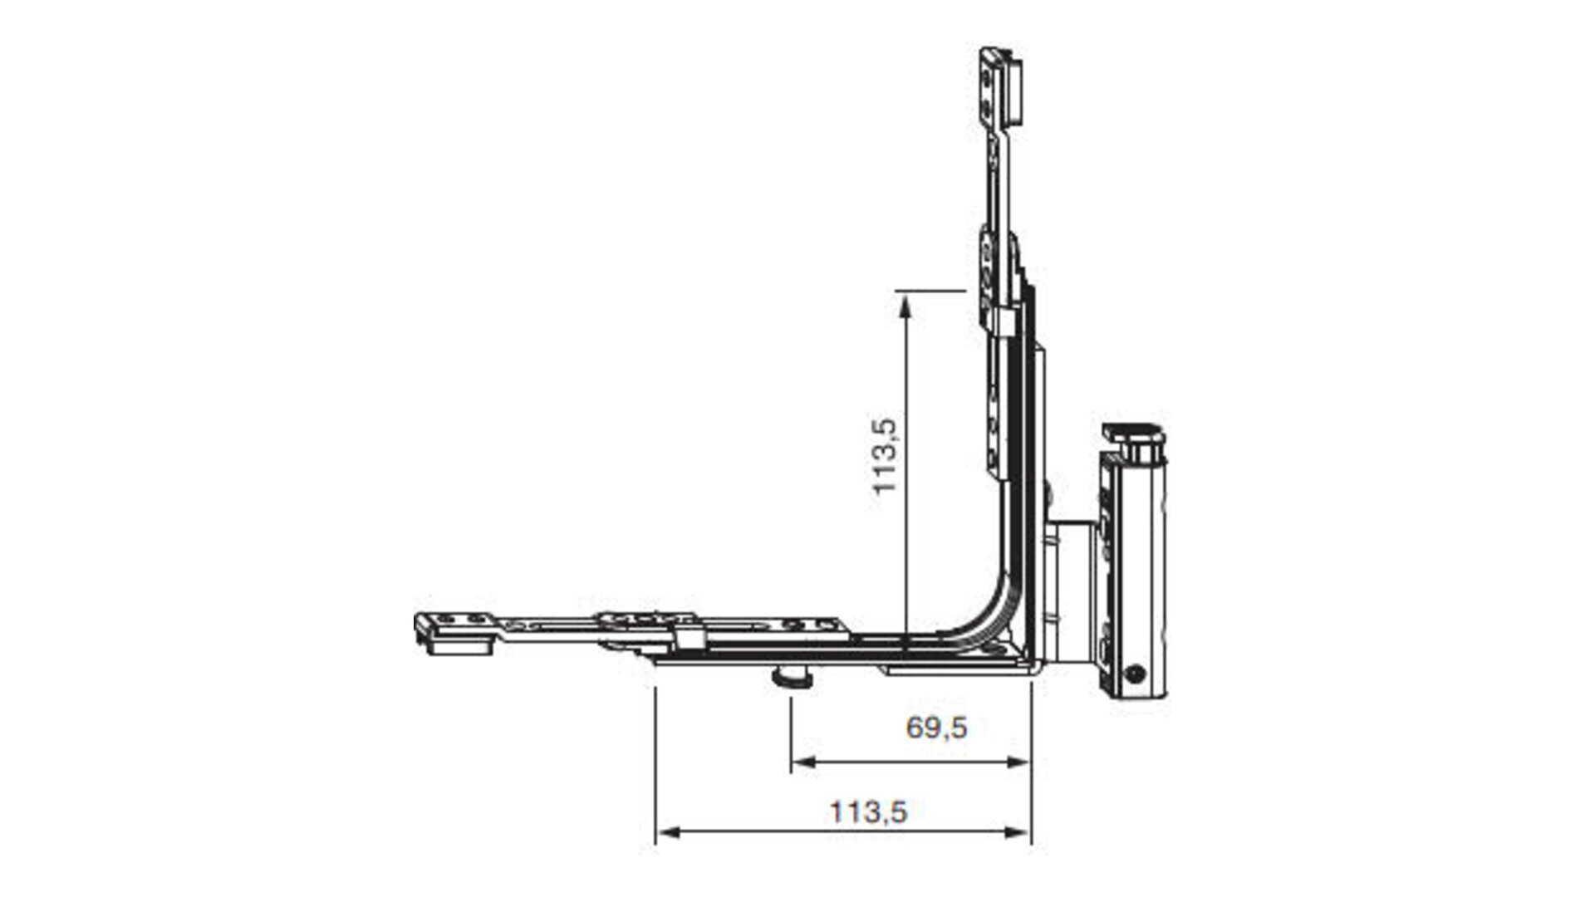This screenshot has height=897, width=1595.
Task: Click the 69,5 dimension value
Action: pyautogui.click(x=936, y=728)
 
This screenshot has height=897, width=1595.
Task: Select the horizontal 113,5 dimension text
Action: pyautogui.click(x=868, y=811)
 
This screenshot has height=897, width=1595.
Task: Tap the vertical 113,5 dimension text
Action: pyautogui.click(x=886, y=456)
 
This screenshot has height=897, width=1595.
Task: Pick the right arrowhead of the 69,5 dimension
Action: pyautogui.click(x=1018, y=762)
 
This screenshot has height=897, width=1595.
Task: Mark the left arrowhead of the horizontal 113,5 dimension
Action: pyautogui.click(x=667, y=831)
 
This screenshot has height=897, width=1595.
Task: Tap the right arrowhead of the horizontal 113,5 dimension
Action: pyautogui.click(x=1018, y=831)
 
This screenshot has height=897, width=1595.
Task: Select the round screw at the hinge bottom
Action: pyautogui.click(x=1135, y=674)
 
